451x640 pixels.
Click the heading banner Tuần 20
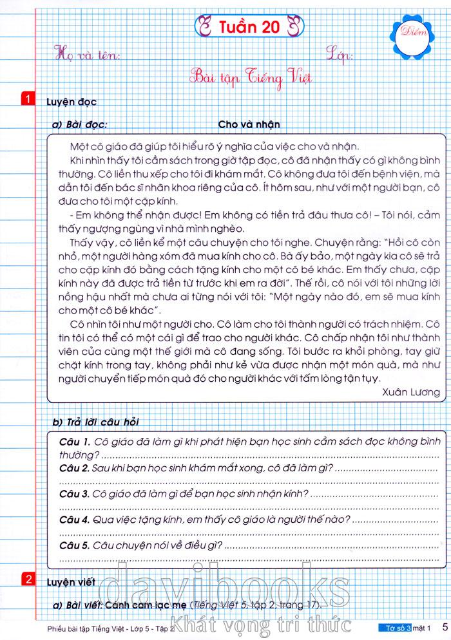[248, 28]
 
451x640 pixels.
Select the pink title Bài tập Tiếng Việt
[251, 78]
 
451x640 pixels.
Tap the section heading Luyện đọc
[72, 102]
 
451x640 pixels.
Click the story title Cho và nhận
[249, 124]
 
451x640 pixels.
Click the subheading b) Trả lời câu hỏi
[96, 422]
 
